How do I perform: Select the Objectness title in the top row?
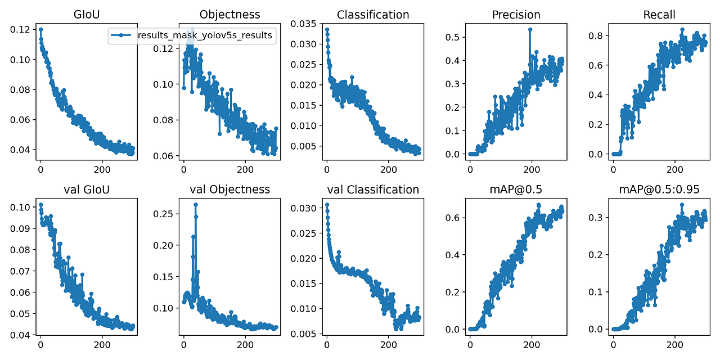[229, 15]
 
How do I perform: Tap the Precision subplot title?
[516, 15]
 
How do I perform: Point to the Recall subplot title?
[659, 15]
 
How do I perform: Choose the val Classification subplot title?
[373, 190]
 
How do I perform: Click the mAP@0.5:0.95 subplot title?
[659, 190]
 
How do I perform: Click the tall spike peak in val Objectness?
[195, 205]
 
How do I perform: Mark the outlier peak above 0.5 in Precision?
[530, 29]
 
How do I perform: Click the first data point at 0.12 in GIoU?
[40, 29]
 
